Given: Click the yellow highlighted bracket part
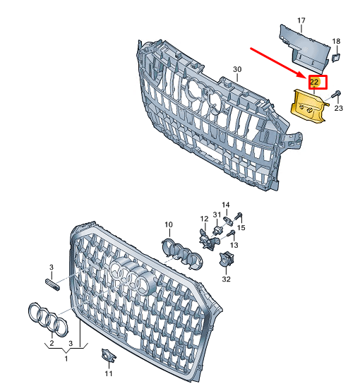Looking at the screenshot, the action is tap(308, 107).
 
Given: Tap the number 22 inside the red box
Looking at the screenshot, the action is tap(314, 82).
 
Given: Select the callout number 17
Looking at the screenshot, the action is tap(301, 20).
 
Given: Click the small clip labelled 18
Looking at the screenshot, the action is tap(336, 57).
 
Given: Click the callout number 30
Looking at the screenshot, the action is tap(237, 69).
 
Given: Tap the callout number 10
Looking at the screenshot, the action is tap(169, 224).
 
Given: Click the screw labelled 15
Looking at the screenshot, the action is tap(239, 216).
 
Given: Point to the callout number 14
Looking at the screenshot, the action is tap(226, 205).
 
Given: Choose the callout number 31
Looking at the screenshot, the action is tap(217, 214).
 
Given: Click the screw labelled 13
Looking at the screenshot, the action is tap(232, 234).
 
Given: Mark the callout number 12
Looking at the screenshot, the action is tap(204, 219).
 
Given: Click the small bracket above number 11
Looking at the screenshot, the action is tap(108, 355).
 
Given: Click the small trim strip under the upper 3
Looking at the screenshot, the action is tap(52, 284).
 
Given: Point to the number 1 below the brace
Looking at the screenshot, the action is tap(66, 359).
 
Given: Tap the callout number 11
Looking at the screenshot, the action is tap(109, 373).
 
